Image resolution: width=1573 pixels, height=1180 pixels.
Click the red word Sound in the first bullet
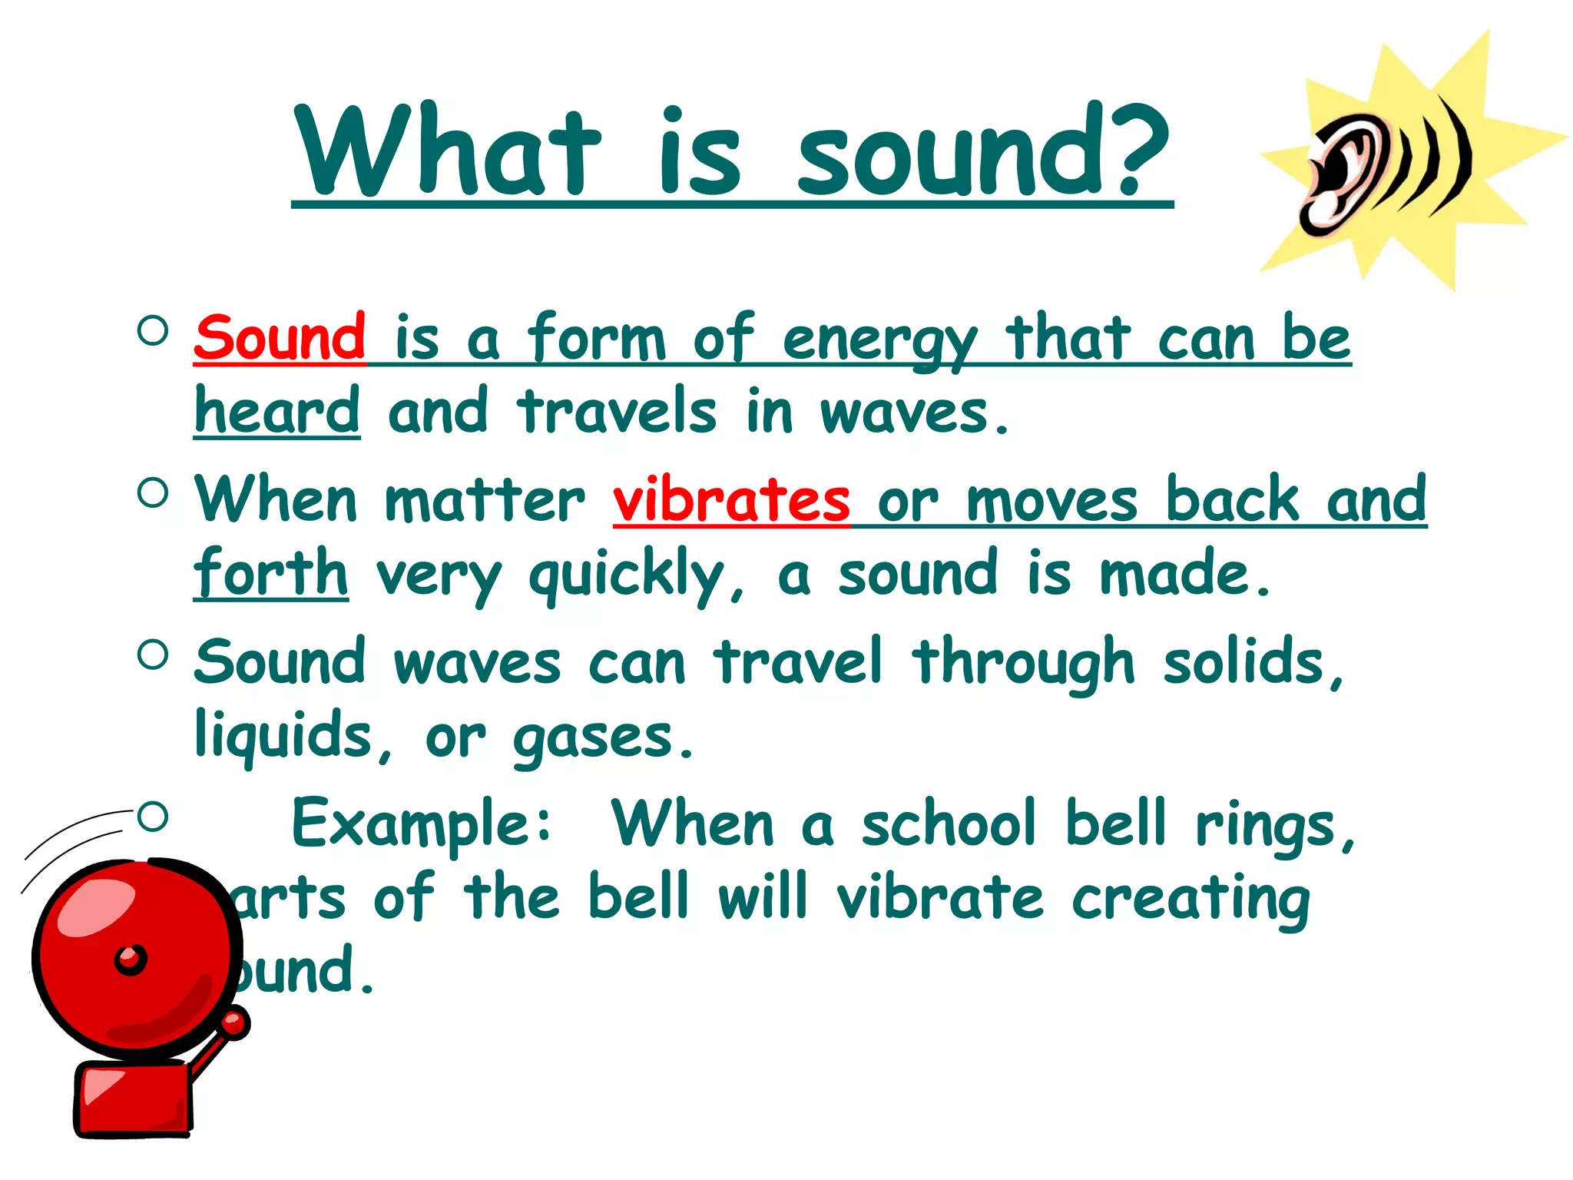280,338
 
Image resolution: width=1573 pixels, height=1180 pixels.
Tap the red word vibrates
730,500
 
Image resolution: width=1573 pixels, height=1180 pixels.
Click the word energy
879,342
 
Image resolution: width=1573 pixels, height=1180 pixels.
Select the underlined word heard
277,412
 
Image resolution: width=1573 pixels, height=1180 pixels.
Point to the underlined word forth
270,573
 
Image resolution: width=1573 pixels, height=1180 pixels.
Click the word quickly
628,576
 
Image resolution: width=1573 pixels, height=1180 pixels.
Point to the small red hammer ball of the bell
235,1023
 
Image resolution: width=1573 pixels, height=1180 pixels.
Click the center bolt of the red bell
131,960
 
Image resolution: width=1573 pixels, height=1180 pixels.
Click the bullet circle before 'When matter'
153,493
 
